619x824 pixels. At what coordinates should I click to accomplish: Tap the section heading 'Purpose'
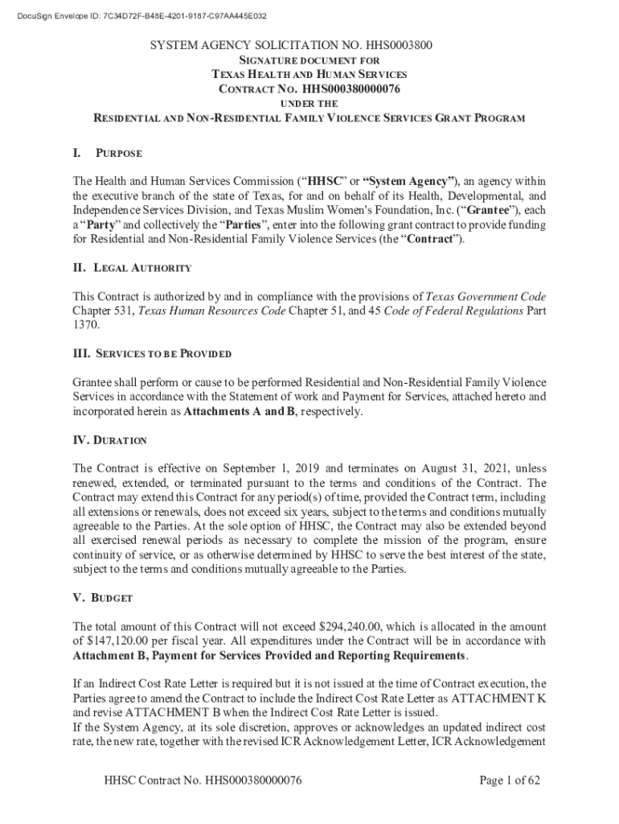118,153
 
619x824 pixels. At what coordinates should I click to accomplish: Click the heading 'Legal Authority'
143,267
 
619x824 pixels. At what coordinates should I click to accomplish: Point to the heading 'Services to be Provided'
163,353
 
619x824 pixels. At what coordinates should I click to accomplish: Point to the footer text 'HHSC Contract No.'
154,780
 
